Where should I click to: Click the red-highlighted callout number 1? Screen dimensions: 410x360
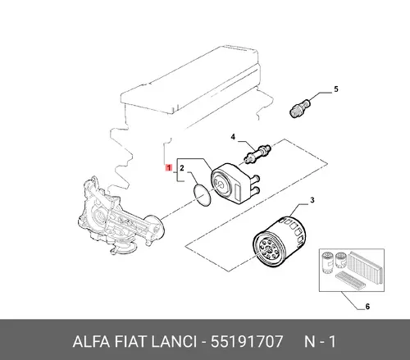pos(169,167)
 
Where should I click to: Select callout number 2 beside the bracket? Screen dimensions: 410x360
pos(182,168)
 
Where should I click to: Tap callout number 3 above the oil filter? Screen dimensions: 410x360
pos(312,200)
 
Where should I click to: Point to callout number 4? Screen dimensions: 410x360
pos(233,137)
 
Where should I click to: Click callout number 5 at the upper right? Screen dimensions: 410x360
pos(336,89)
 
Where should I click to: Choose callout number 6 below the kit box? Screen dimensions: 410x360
pos(367,307)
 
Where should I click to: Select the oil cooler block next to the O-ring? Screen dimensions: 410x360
pos(235,182)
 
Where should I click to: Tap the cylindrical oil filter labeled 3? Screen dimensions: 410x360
pos(279,241)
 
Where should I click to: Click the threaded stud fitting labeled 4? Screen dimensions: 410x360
pos(257,153)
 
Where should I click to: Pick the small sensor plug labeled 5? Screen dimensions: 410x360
pos(300,108)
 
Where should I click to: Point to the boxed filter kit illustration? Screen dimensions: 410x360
pos(352,270)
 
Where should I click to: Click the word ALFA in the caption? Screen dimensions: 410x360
pos(91,341)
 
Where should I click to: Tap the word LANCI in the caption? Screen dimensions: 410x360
pos(174,341)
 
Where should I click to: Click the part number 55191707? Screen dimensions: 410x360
pos(246,341)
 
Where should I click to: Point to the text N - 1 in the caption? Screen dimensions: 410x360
pos(320,341)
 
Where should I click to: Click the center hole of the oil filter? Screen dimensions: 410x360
pos(269,248)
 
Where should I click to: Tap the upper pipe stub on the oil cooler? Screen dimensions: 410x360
pos(256,178)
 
